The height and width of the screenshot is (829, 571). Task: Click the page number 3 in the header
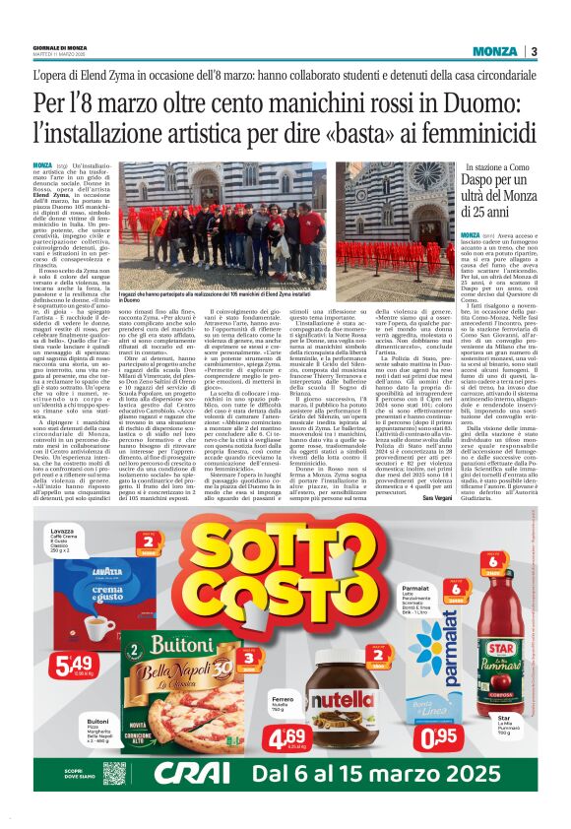pos(533,51)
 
